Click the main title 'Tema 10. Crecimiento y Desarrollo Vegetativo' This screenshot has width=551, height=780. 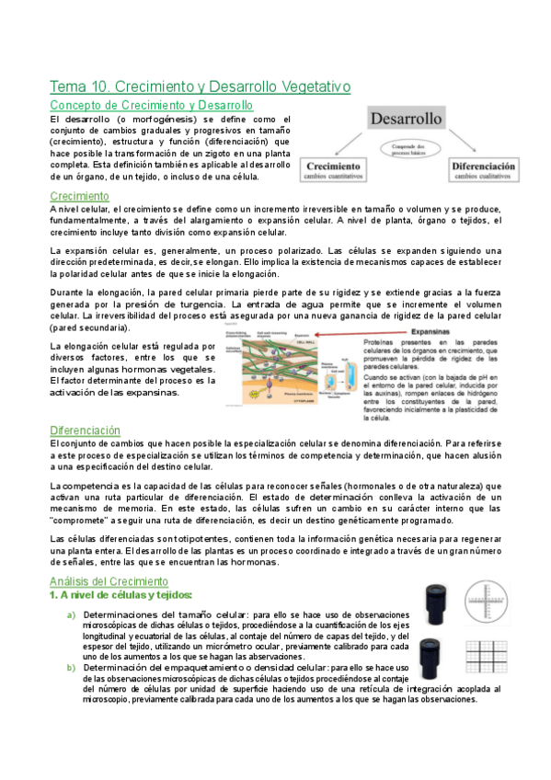200,86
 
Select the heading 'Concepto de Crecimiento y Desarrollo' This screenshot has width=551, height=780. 151,106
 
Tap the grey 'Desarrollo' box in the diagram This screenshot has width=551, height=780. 407,119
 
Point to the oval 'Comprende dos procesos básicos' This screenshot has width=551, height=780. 407,150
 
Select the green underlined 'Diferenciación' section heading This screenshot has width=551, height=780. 86,430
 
